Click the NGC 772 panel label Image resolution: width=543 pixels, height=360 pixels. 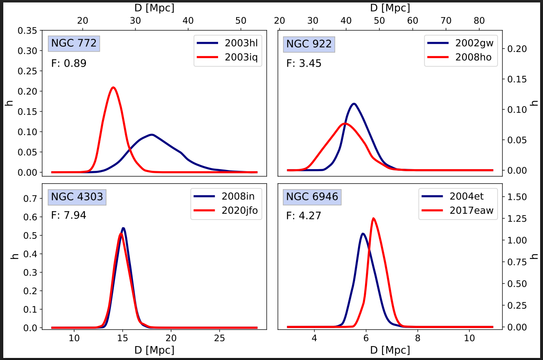[74, 43]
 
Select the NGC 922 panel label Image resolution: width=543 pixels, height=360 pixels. [309, 44]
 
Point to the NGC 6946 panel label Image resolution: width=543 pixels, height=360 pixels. [312, 197]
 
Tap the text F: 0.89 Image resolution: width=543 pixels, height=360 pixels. [69, 63]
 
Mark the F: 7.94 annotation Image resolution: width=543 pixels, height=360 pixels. [69, 215]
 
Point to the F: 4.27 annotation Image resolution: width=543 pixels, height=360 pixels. [303, 215]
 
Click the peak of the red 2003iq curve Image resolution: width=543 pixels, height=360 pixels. [113, 87]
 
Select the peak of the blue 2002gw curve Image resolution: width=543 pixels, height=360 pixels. [354, 104]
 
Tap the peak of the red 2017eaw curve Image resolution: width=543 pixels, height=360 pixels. [373, 218]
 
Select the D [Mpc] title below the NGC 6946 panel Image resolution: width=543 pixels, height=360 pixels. [390, 351]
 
